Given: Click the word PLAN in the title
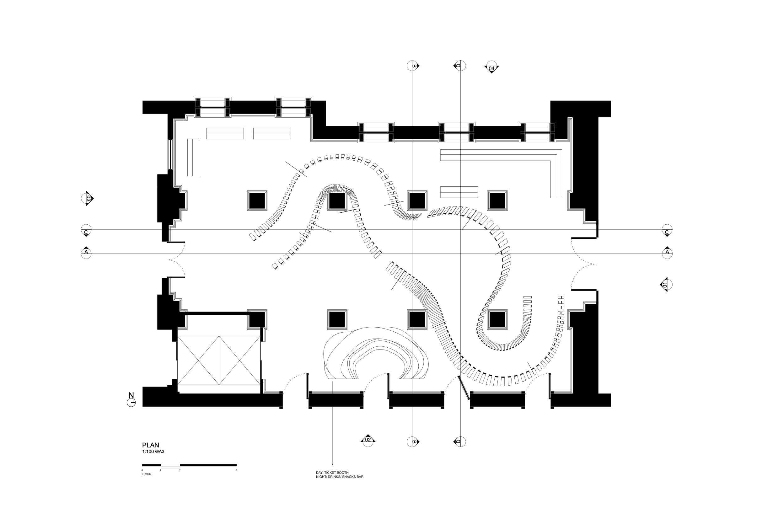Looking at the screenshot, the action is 150,445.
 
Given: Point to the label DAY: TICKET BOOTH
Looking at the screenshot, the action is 332,473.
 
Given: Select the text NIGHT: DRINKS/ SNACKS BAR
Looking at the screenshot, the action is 340,477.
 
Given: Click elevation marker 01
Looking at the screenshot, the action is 665,285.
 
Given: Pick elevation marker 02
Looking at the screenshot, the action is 368,440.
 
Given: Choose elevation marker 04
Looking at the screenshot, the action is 491,68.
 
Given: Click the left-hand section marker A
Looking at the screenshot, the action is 86,253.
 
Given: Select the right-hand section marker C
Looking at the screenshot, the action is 667,231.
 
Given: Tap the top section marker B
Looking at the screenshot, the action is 412,66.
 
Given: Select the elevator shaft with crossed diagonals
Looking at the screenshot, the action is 219,360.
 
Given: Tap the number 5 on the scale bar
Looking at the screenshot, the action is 236,470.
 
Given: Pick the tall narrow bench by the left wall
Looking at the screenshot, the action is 193,157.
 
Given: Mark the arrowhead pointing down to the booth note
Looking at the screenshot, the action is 332,464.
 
